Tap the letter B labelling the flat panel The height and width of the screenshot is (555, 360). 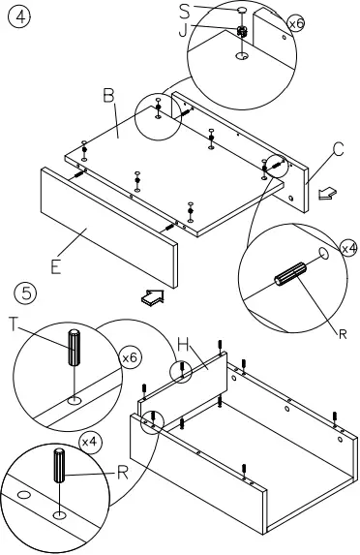tap(109, 95)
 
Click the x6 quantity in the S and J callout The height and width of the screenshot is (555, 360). tap(295, 21)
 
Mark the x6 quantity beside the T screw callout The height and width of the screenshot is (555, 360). tap(130, 358)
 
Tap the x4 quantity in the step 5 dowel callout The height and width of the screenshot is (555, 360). tap(89, 441)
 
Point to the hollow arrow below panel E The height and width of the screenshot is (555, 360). tap(149, 297)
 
